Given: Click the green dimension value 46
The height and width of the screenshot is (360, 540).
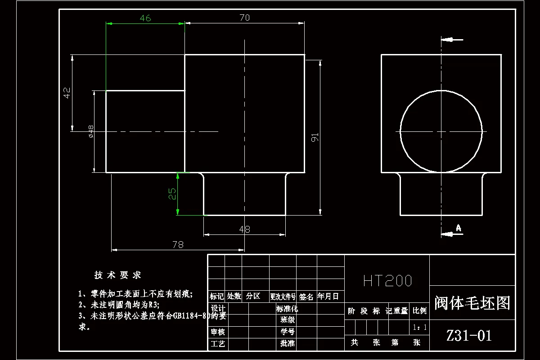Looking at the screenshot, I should [x=145, y=18].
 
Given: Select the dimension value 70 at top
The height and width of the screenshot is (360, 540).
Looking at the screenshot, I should [x=245, y=18].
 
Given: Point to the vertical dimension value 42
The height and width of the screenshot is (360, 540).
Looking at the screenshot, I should [x=67, y=93].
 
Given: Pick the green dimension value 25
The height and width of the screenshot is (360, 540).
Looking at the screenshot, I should [x=172, y=194].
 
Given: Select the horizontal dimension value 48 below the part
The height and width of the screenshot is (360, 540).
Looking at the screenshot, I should [x=244, y=229].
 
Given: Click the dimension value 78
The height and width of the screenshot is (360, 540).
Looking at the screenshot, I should [x=178, y=244].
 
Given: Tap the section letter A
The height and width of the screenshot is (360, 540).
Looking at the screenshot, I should [x=459, y=228].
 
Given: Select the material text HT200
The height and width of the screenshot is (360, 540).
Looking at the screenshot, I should [x=387, y=281].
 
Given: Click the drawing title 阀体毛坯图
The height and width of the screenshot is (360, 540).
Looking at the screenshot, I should [x=472, y=303].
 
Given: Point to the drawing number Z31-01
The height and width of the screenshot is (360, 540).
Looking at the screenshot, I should [x=469, y=336].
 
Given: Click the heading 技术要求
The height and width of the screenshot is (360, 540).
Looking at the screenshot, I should [x=118, y=275].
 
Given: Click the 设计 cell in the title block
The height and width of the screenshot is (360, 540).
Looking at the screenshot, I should [x=218, y=309].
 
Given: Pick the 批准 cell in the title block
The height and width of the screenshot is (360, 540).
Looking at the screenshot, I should [x=287, y=344].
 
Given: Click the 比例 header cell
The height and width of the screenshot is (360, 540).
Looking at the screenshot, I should [x=420, y=310].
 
